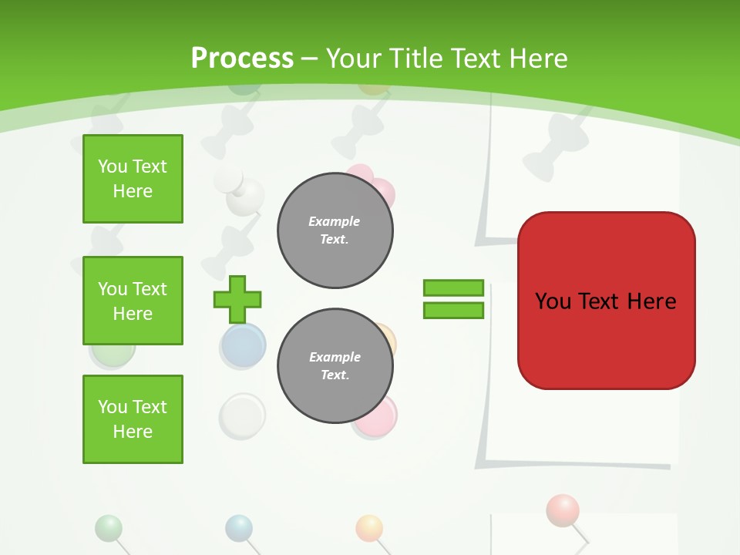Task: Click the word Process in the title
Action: click(242, 58)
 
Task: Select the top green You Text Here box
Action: click(133, 179)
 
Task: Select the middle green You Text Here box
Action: click(133, 301)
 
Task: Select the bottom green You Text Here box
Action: click(133, 419)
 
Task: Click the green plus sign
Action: click(237, 299)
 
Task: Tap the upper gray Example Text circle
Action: click(335, 230)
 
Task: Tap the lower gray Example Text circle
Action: click(335, 366)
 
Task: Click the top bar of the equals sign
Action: click(453, 288)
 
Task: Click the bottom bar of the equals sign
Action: click(453, 310)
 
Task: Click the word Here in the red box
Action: click(651, 301)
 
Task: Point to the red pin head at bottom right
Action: click(562, 510)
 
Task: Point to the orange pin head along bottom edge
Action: click(369, 528)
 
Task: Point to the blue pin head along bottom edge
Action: click(239, 528)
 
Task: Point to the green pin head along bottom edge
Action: click(108, 528)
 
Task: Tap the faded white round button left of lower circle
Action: click(242, 415)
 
